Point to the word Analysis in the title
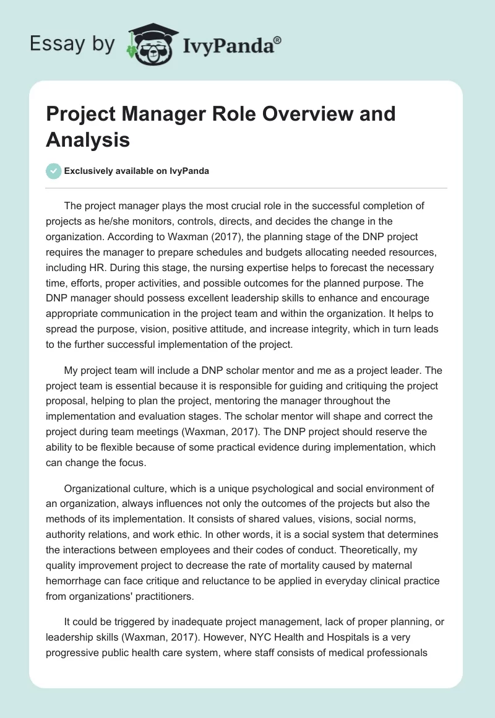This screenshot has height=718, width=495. [x=88, y=140]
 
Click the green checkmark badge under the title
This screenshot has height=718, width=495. [x=53, y=171]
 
